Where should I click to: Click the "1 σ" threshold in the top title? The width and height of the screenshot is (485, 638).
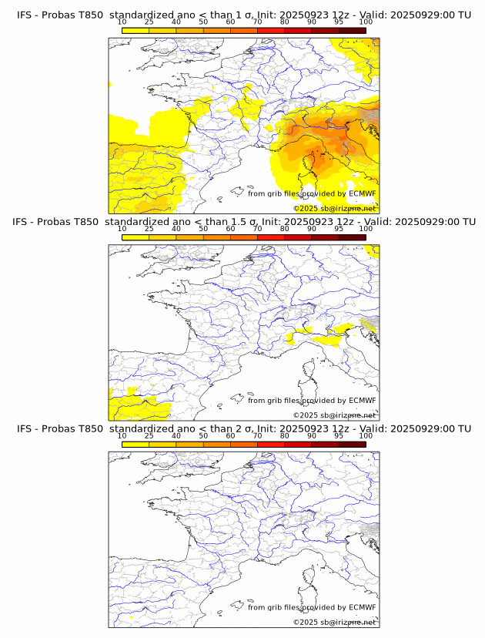[247, 15]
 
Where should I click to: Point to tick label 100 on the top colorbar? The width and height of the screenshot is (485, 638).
[366, 22]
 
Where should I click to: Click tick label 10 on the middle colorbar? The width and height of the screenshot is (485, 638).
[122, 229]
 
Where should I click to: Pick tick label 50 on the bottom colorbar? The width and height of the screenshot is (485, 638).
[203, 435]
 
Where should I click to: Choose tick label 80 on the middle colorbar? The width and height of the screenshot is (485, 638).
[285, 229]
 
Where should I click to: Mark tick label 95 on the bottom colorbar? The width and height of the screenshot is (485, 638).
[339, 435]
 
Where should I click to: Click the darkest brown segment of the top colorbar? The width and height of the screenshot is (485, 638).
[352, 30]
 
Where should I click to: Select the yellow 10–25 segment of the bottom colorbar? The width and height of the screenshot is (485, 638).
[135, 444]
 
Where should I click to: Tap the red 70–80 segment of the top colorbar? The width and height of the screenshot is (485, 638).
[271, 30]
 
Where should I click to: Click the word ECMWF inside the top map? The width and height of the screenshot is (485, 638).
[362, 193]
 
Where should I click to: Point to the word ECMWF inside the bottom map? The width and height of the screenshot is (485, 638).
[362, 607]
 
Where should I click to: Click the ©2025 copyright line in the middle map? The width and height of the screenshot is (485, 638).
[334, 415]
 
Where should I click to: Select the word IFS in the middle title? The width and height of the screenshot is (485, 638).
[25, 222]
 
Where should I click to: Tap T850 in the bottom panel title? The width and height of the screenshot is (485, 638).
[89, 428]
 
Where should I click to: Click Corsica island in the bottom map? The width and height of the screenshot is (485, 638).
[312, 577]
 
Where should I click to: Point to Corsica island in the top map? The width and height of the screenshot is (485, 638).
[312, 163]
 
